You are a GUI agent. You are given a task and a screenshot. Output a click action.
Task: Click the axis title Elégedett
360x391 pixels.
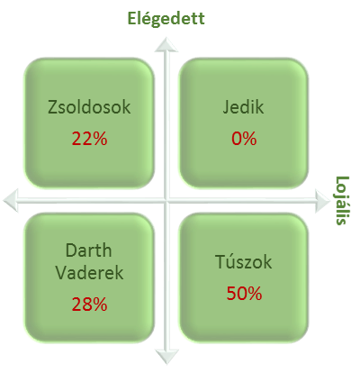click(x=166, y=19)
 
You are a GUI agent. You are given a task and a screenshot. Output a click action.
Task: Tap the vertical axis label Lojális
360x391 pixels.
click(x=342, y=200)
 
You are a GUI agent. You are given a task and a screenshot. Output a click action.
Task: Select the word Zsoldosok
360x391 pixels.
click(x=89, y=107)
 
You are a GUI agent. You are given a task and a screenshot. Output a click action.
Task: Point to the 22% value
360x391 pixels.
click(x=89, y=139)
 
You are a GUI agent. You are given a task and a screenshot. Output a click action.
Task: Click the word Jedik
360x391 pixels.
click(x=243, y=107)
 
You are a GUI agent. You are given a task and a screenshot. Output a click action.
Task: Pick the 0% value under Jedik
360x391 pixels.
click(x=244, y=139)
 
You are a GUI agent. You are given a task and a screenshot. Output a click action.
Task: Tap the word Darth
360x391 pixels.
click(x=88, y=250)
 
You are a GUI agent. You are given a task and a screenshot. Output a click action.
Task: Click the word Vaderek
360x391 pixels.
click(x=89, y=273)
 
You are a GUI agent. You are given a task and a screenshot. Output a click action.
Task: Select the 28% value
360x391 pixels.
click(x=89, y=305)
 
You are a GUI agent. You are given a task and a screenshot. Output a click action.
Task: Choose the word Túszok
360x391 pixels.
click(x=243, y=261)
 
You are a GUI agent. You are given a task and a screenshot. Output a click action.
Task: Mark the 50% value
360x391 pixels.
click(x=244, y=294)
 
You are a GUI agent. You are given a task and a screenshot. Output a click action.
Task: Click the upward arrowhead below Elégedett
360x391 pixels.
click(x=166, y=44)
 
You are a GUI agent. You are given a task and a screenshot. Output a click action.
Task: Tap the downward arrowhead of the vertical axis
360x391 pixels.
click(x=166, y=357)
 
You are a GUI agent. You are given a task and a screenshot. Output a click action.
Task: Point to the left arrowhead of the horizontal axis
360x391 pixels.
click(x=11, y=200)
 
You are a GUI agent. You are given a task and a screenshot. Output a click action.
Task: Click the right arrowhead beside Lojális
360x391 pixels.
click(x=322, y=201)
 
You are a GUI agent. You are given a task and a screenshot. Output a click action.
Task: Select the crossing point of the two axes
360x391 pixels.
click(x=166, y=200)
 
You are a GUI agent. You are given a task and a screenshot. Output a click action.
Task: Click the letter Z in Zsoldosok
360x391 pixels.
click(x=53, y=107)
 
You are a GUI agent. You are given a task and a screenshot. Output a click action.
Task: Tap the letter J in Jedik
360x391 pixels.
click(x=226, y=108)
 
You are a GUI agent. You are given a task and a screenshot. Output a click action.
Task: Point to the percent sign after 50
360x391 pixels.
click(x=255, y=294)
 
